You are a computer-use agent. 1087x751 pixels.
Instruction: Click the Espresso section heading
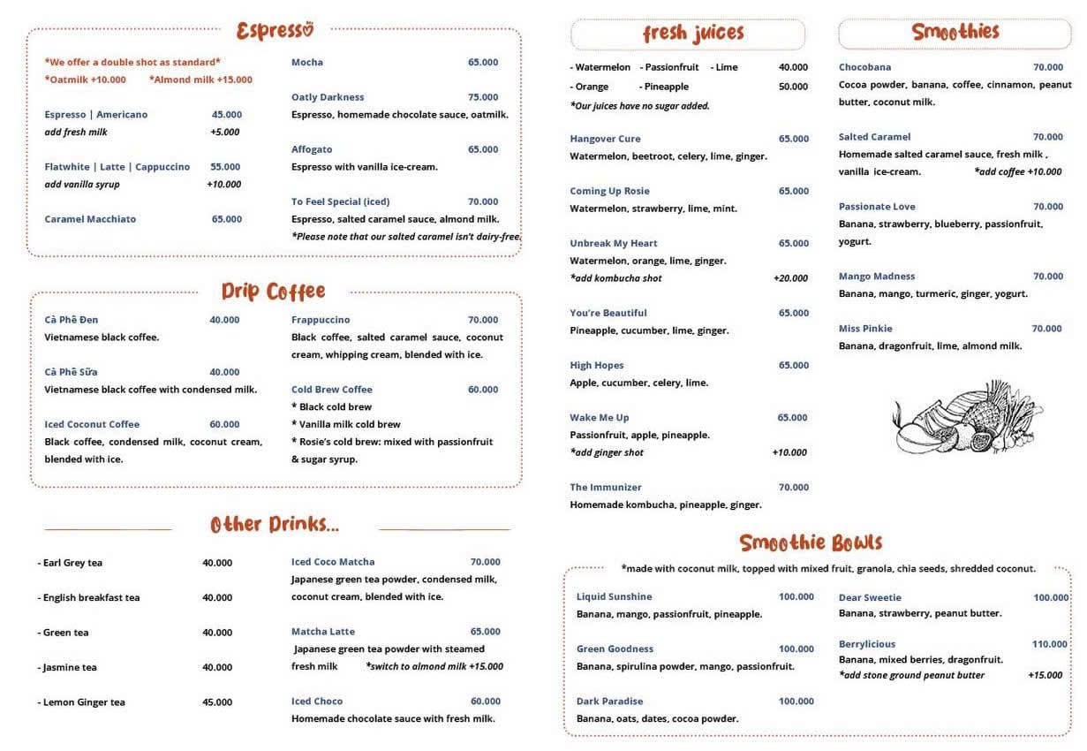(x=275, y=31)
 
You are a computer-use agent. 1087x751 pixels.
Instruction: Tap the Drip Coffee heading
(x=273, y=292)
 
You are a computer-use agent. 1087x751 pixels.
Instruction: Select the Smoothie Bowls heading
(x=811, y=542)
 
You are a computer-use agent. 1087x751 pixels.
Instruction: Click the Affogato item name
(x=312, y=149)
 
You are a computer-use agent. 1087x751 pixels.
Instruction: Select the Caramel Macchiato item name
(x=90, y=219)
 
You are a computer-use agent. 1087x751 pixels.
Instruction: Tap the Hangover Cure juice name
(x=605, y=139)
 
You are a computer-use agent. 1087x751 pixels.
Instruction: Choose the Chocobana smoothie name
(x=864, y=67)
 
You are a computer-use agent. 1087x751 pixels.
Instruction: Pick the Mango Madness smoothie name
(x=876, y=277)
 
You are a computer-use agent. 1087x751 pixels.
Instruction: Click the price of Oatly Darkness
(x=483, y=97)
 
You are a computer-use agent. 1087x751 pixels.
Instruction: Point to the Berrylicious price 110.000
(x=1049, y=644)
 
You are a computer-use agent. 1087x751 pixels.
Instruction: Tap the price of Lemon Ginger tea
(x=217, y=702)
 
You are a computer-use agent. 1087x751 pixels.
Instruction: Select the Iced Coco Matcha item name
(x=333, y=562)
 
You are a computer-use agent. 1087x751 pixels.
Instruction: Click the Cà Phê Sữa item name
(x=71, y=372)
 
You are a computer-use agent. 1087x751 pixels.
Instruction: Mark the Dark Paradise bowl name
(x=609, y=702)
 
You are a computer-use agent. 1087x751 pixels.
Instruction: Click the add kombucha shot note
(x=615, y=278)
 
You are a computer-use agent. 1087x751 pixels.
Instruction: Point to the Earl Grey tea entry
(x=71, y=563)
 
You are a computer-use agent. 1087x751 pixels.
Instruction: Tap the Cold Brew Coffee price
(x=483, y=390)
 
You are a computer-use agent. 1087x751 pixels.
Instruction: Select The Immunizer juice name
(x=606, y=488)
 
